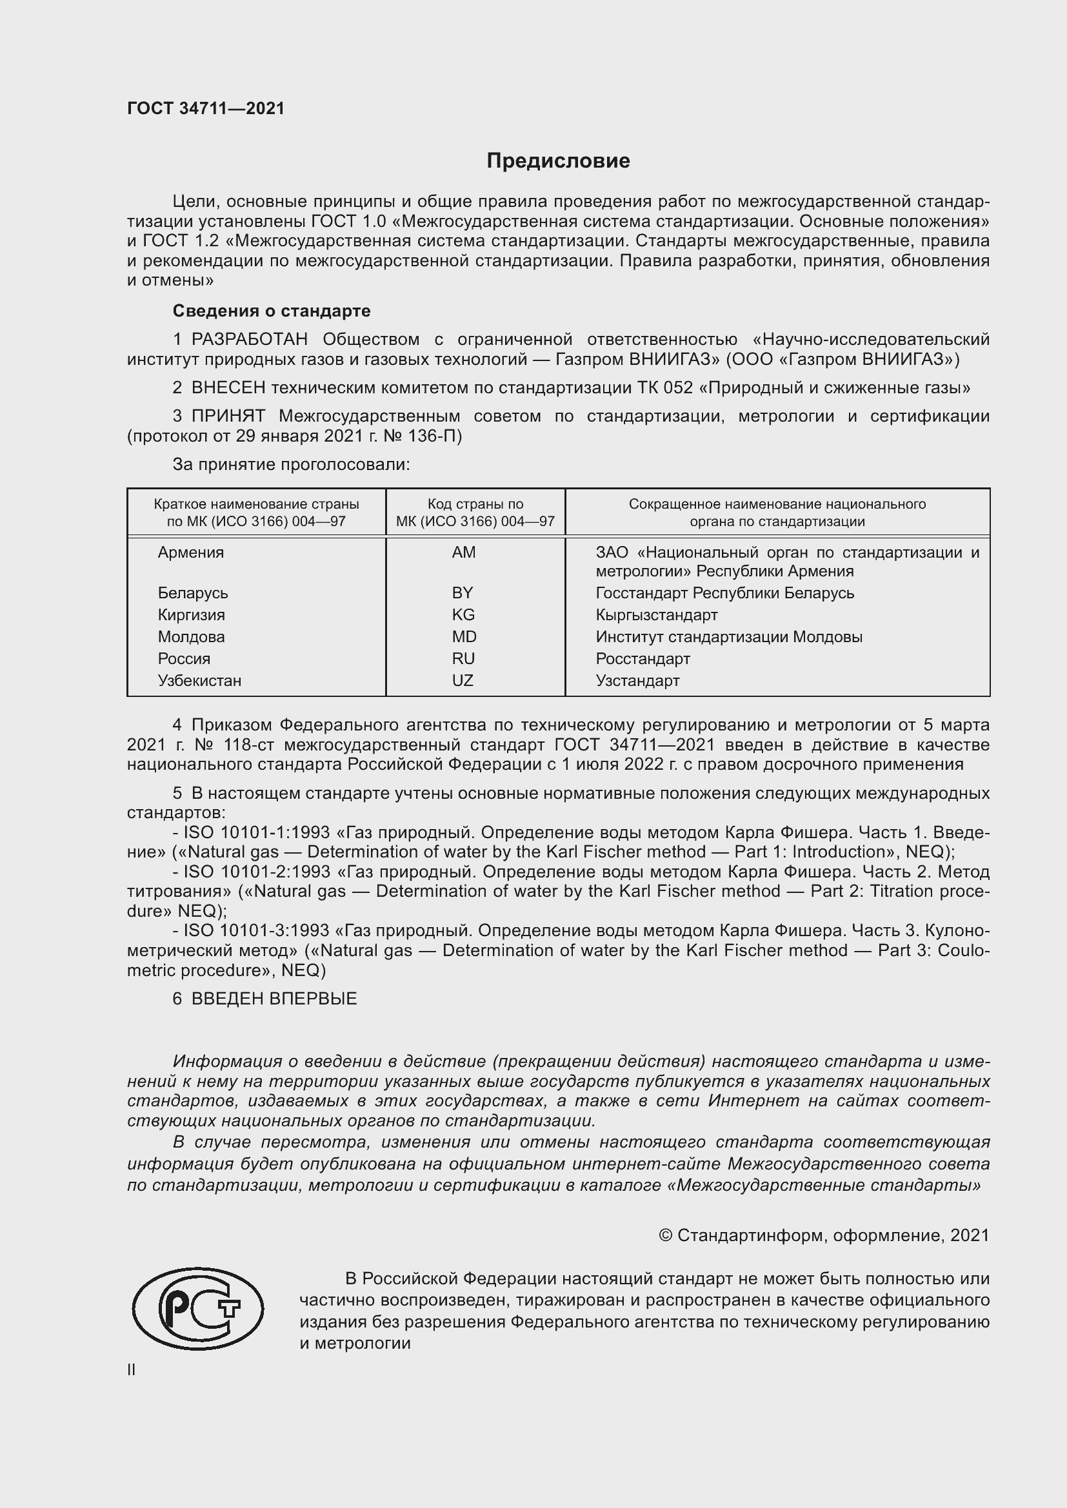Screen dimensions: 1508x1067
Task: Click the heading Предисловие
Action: [x=558, y=161]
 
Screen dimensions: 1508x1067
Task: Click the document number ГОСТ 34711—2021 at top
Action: [x=206, y=108]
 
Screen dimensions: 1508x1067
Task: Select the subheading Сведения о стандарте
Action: [x=272, y=311]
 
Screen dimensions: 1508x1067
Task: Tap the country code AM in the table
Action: [x=463, y=553]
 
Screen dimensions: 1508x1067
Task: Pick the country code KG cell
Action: [x=463, y=615]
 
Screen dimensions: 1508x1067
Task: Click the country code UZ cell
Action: [x=463, y=680]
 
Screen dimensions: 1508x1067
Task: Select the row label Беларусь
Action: [x=192, y=593]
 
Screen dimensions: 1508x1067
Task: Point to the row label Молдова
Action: [x=191, y=636]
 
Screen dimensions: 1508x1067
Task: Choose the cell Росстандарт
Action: [x=643, y=659]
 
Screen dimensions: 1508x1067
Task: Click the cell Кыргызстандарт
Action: [x=656, y=615]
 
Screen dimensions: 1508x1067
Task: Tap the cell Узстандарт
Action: [x=637, y=680]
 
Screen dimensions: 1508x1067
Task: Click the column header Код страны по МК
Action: [x=475, y=513]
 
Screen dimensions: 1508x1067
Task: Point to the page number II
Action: [x=132, y=1370]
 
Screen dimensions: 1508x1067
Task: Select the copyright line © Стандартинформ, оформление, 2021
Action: [x=823, y=1235]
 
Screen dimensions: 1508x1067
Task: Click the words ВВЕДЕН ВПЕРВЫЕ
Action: [x=274, y=999]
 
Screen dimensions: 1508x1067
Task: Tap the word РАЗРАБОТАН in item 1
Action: [x=249, y=340]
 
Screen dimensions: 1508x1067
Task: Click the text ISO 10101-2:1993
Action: [x=256, y=872]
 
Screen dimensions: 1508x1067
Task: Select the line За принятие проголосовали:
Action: [x=291, y=464]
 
